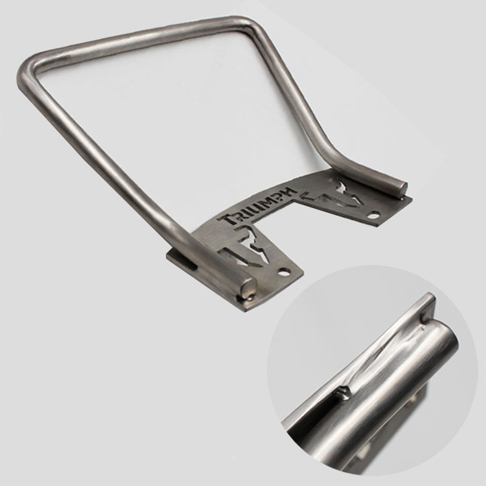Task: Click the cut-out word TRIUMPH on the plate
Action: (x=257, y=205)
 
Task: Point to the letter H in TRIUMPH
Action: (x=290, y=192)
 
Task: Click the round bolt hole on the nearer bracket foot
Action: (x=283, y=273)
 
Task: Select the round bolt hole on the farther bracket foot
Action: (x=375, y=214)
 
